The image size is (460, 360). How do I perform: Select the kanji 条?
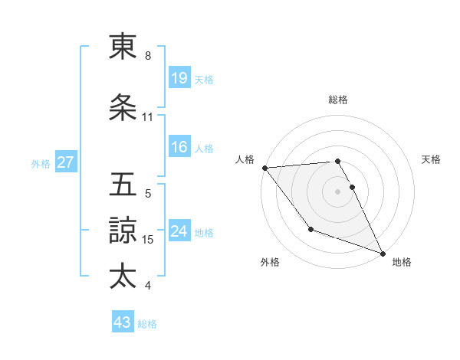click(x=123, y=109)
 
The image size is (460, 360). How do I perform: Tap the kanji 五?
click(x=123, y=185)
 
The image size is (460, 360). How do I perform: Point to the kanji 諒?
click(x=123, y=230)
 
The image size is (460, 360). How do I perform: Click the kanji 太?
click(x=123, y=275)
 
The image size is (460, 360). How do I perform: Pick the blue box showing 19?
click(x=179, y=79)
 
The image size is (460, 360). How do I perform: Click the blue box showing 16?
click(x=179, y=148)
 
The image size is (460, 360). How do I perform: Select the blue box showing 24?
click(x=179, y=232)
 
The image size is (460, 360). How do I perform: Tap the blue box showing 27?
click(x=65, y=162)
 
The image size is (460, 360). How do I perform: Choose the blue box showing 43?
click(x=123, y=323)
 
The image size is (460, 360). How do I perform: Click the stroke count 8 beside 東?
click(x=148, y=56)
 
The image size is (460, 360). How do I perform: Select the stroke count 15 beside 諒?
click(x=149, y=239)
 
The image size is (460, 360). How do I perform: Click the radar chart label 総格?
click(x=338, y=100)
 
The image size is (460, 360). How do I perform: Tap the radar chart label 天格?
click(x=432, y=159)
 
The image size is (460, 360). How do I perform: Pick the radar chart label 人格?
click(x=245, y=159)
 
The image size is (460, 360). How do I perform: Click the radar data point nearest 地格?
click(x=383, y=253)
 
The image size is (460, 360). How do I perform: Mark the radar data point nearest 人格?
click(x=264, y=168)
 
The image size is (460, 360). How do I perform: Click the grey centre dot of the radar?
click(x=337, y=191)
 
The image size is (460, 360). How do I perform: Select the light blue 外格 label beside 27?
click(x=41, y=163)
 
